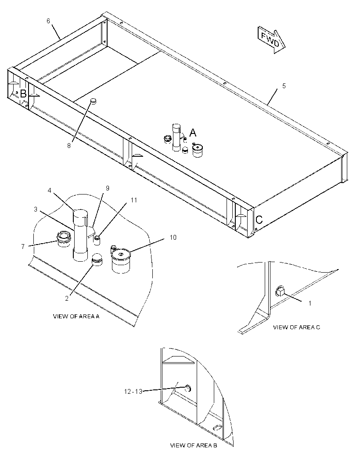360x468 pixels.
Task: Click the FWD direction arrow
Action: coord(271,40)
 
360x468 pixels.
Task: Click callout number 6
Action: coord(48,21)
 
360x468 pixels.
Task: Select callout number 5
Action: coord(284,86)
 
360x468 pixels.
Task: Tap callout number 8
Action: coord(69,146)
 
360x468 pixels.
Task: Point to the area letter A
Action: coord(193,132)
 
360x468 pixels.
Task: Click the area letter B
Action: coord(23,94)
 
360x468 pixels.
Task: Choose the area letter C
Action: coord(259,220)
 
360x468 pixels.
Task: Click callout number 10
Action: coord(173,237)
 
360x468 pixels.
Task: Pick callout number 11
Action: coord(134,200)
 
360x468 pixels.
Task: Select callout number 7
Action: coord(23,247)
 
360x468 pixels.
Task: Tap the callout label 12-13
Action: coord(133,391)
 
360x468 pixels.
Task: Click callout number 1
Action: coord(310,303)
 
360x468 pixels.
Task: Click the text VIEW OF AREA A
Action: coord(76,317)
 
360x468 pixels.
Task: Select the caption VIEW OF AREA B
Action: coord(194,446)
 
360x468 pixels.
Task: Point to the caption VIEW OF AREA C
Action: coord(297,328)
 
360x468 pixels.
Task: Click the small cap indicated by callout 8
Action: coord(94,101)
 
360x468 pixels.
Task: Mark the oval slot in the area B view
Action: coord(218,427)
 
